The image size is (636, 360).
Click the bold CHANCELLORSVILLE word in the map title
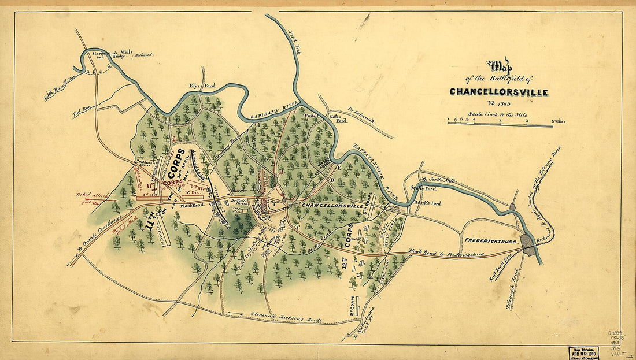click(x=498, y=92)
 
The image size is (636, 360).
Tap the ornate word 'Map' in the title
click(x=498, y=65)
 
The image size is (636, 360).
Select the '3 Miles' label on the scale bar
click(x=558, y=121)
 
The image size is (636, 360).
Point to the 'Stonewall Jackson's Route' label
click(x=283, y=316)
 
